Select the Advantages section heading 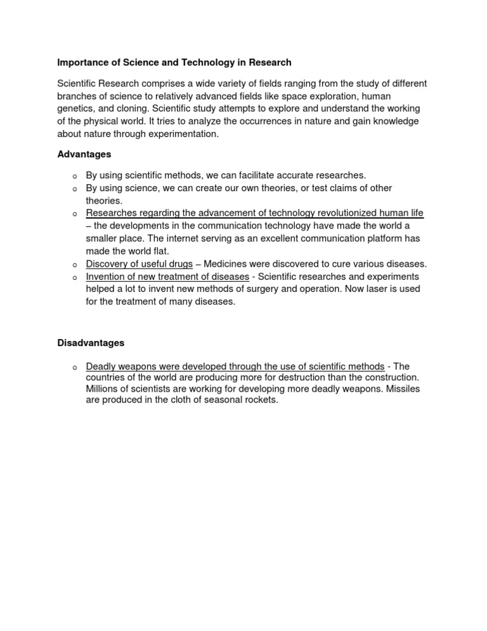[84, 154]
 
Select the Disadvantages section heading [91, 343]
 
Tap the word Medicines [231, 264]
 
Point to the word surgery [282, 289]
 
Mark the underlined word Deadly [100, 367]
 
